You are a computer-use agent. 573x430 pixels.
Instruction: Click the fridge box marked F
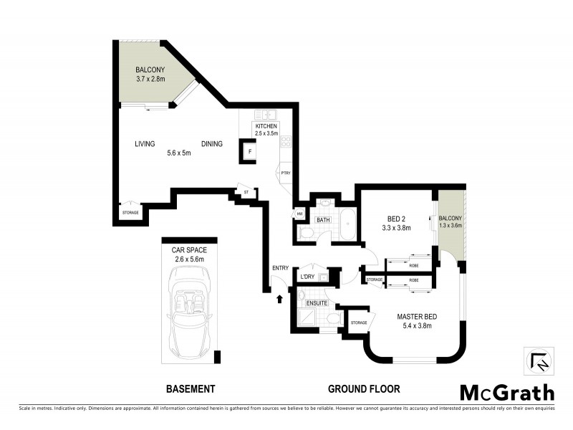[249, 152]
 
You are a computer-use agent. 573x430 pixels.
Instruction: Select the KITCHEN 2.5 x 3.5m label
[266, 130]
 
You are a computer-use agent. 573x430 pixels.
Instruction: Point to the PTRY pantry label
[285, 173]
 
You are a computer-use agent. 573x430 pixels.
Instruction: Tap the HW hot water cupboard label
[298, 214]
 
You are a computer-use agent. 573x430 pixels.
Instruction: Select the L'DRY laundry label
[309, 277]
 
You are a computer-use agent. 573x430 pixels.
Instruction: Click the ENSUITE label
[316, 304]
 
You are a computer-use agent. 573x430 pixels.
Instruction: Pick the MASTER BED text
[418, 316]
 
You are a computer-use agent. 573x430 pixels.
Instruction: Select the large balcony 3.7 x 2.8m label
[150, 75]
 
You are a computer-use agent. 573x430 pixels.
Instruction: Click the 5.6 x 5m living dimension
[179, 153]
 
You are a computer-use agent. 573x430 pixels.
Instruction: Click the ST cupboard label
[245, 192]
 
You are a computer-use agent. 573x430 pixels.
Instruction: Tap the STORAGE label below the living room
[130, 213]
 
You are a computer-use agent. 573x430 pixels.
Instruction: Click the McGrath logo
[506, 392]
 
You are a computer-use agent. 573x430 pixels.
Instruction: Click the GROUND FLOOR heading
[364, 389]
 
